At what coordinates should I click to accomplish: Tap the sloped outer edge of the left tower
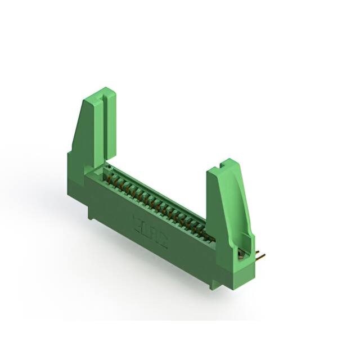[x=77, y=124]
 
